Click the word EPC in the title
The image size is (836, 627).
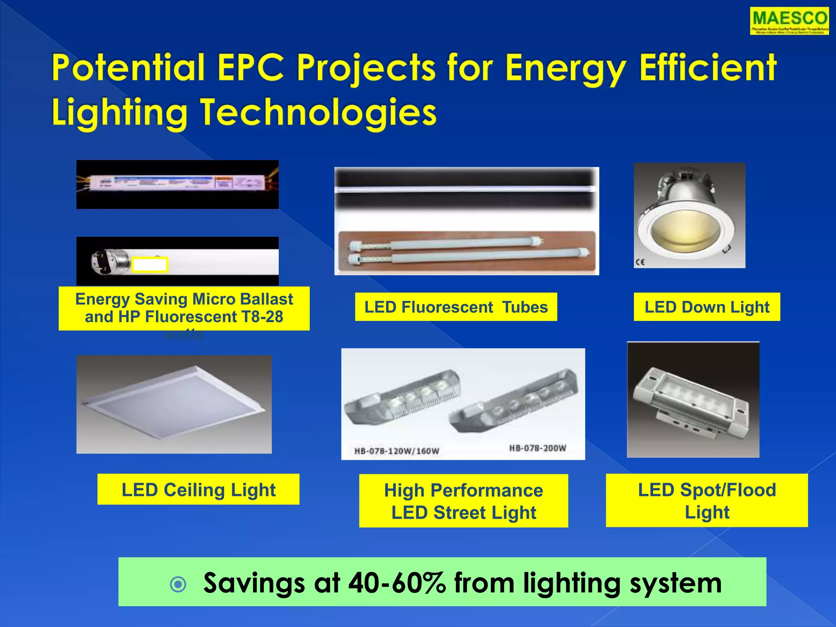[250, 68]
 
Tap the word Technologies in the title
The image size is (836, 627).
[318, 113]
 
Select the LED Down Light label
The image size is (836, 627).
[707, 307]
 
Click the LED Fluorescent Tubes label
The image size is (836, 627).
[456, 307]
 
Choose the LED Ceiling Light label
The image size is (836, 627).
[198, 489]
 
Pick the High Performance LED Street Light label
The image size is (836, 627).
[463, 501]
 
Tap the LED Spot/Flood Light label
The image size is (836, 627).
[707, 500]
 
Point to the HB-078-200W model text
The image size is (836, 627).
[537, 448]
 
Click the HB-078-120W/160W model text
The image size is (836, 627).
[396, 451]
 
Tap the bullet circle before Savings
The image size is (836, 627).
[178, 585]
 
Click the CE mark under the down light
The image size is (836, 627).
[640, 262]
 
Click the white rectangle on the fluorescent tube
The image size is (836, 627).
[149, 265]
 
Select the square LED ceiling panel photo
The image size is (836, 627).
[174, 404]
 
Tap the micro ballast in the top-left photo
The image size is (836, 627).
[178, 184]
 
